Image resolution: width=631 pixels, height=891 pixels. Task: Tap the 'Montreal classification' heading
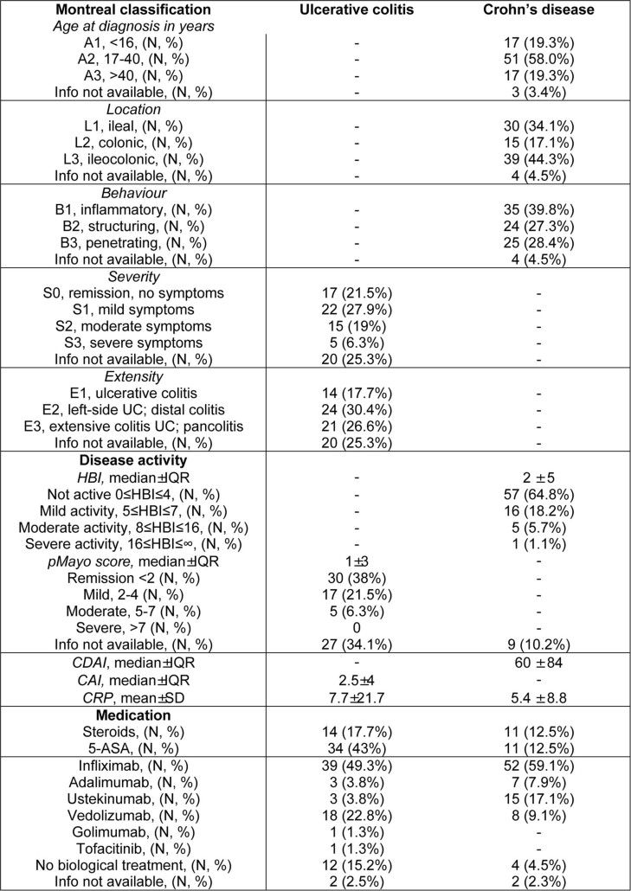(x=131, y=10)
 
